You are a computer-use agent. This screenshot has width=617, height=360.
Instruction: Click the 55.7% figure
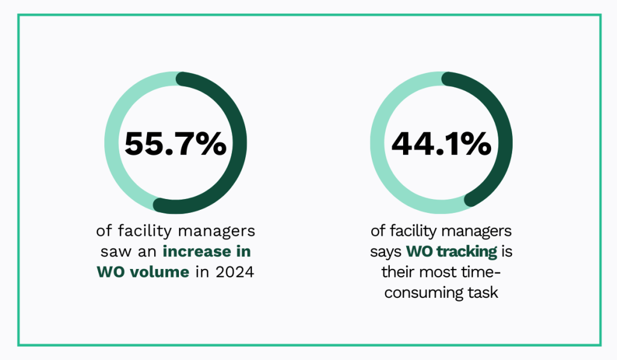pos(175,144)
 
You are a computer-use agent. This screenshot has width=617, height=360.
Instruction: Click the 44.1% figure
pos(441,144)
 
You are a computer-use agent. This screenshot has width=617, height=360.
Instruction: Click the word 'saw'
pos(114,251)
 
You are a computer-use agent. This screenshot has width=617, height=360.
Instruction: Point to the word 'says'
pos(386,251)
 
